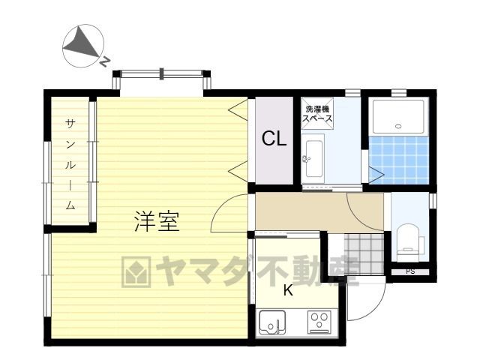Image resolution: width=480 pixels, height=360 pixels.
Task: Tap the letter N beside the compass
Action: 105,61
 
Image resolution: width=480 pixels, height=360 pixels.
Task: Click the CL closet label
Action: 274,138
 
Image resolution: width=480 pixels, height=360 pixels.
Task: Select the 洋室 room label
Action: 157,221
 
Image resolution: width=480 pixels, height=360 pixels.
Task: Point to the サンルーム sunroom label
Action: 70,165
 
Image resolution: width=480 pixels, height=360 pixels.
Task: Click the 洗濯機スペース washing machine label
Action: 317,114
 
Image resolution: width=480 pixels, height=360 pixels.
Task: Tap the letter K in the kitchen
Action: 288,290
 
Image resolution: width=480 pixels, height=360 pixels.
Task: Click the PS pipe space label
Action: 410,271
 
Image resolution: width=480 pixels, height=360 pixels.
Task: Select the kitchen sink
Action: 272,322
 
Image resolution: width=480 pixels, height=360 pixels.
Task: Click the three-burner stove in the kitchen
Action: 319,322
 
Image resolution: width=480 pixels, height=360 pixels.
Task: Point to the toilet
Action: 408,239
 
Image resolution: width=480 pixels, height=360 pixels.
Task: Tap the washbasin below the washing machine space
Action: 313,158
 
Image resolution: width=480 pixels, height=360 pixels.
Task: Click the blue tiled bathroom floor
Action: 398,160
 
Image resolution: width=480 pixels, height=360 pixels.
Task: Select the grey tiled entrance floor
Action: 364,253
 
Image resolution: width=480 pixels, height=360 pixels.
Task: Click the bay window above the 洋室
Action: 162,73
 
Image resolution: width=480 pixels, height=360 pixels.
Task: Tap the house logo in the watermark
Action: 136,271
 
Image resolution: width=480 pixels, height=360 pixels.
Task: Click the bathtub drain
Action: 398,126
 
